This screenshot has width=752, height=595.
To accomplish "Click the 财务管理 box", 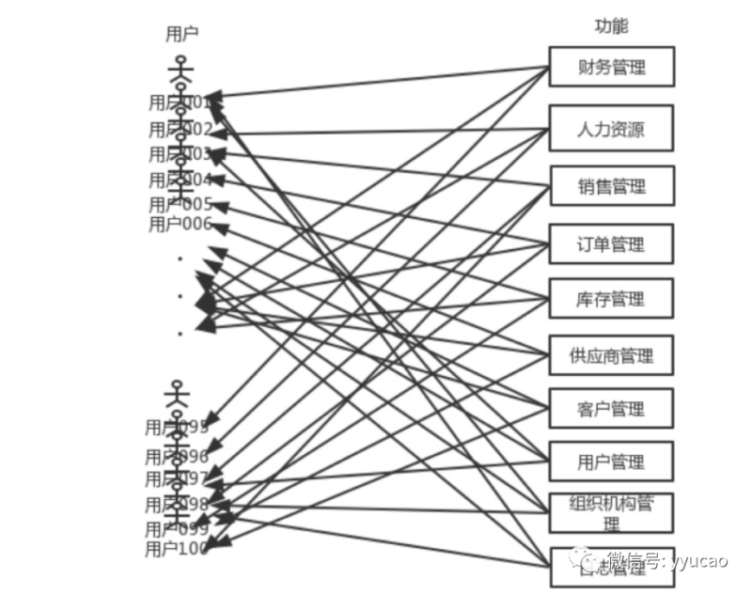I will coord(611,67).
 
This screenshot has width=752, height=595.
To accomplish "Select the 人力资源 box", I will coord(611,128).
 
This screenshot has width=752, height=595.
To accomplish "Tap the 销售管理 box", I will coord(611,186).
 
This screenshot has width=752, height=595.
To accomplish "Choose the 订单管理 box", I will coord(611,244).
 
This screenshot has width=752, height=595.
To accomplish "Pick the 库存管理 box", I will coord(611,299).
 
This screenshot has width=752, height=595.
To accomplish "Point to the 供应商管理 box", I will coord(611,355).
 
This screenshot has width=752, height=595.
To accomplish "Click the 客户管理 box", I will coord(611,409).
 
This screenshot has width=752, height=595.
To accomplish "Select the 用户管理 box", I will coord(611,462).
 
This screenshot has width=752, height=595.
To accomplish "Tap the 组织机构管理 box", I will coord(611,513).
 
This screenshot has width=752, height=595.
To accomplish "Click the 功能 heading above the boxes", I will coord(611,25).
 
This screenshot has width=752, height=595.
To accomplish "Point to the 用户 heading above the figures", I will coord(181,34).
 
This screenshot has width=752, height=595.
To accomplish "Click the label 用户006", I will coord(180,224).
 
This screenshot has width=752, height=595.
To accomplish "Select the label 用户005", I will coord(180,204).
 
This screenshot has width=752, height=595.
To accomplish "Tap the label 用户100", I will coord(177,549).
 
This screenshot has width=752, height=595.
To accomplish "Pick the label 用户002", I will coord(180,130).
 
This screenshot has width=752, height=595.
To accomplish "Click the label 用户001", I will coord(180,102).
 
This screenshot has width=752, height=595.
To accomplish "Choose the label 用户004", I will coord(180,180).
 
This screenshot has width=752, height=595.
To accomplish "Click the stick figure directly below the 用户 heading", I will coord(180,70).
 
